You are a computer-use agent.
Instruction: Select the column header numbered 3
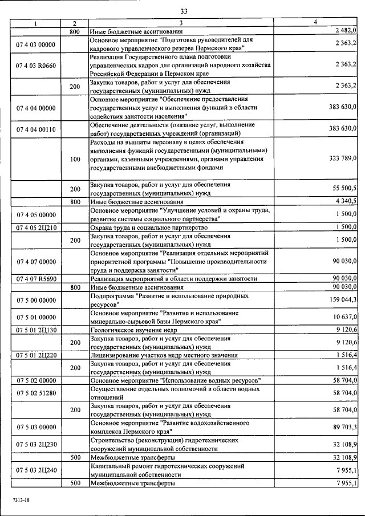[180, 23]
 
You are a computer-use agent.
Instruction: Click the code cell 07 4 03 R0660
[35, 65]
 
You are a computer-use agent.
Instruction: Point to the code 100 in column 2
[75, 160]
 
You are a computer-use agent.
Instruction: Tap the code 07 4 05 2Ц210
[35, 227]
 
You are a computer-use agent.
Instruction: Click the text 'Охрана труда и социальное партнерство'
[148, 227]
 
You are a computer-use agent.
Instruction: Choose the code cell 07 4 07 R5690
[35, 278]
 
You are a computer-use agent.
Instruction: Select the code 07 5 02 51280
[35, 393]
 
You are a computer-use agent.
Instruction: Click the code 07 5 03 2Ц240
[35, 470]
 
